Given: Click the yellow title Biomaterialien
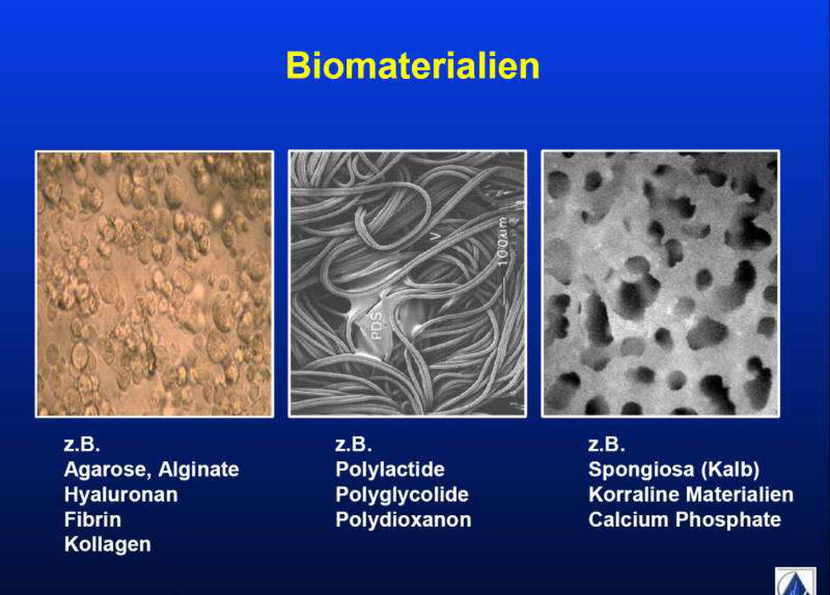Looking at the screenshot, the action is (x=413, y=66).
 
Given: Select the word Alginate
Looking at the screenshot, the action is (x=199, y=470).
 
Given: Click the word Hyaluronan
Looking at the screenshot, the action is (x=121, y=495).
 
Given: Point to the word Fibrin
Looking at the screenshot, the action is (x=93, y=520).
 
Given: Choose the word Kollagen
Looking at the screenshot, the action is (x=107, y=545).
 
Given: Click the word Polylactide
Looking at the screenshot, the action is (x=390, y=470).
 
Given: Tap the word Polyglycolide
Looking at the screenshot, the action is (x=402, y=495).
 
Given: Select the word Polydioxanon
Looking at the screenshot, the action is (x=403, y=520).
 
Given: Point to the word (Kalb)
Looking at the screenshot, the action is (x=730, y=469).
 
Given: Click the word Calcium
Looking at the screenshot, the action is (x=629, y=520).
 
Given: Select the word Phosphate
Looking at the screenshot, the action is (x=728, y=520).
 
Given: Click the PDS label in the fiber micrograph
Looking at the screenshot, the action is (x=376, y=326).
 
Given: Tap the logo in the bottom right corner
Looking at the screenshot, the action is (x=795, y=581).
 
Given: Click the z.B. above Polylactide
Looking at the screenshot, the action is (x=353, y=444).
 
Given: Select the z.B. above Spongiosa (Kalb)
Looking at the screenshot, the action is (x=607, y=444).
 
